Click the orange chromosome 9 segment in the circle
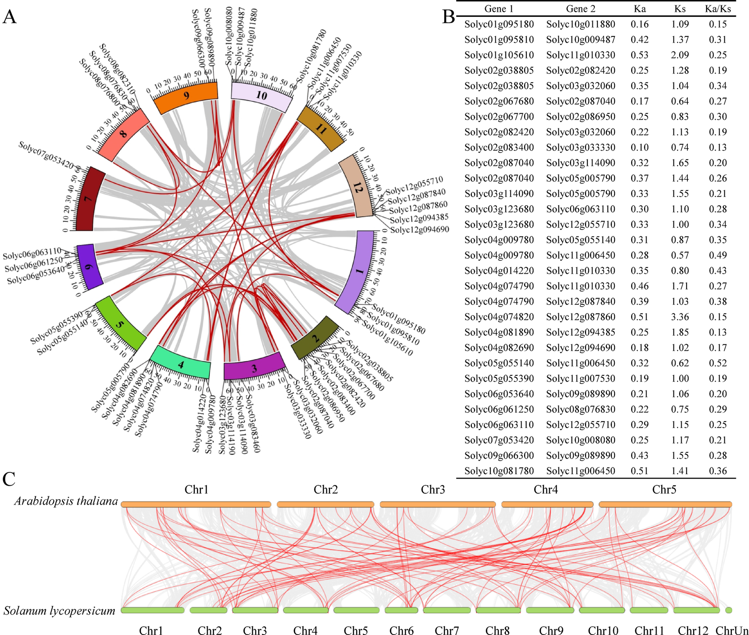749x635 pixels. [186, 97]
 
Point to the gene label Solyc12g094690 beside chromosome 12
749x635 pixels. [419, 230]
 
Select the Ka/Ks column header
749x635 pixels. [718, 9]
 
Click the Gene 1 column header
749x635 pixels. [499, 9]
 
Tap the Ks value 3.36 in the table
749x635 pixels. [680, 317]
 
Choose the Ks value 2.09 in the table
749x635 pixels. [680, 55]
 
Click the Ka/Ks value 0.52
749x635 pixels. [718, 363]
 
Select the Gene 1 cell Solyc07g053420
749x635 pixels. [499, 440]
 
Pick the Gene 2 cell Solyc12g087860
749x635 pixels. [580, 317]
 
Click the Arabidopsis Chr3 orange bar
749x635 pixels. [438, 504]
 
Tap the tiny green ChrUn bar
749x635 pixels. [728, 610]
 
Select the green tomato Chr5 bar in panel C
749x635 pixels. [356, 610]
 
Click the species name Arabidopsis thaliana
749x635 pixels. [66, 501]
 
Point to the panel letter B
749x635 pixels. [448, 17]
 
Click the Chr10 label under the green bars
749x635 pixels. [603, 631]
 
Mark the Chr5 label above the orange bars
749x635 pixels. [664, 489]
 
